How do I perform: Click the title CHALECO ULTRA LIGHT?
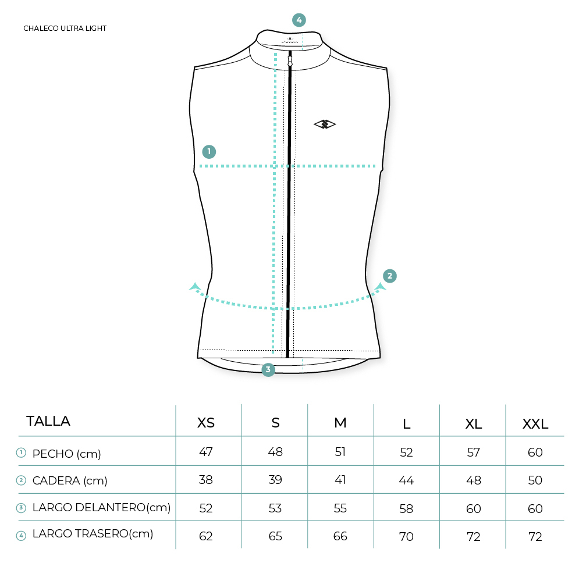tap(65, 28)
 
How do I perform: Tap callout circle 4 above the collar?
tap(299, 20)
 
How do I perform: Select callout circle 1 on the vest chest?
tap(209, 151)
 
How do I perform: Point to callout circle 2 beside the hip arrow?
tap(389, 276)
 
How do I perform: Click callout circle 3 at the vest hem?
tap(268, 369)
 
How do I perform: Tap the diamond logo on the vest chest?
tap(325, 124)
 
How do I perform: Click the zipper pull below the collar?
tap(290, 59)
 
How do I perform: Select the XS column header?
tap(205, 423)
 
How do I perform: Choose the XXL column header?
tap(535, 424)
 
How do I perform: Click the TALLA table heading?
tap(48, 421)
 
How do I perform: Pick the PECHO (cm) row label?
tap(66, 454)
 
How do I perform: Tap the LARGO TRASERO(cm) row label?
tap(93, 534)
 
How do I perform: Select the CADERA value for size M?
tap(340, 480)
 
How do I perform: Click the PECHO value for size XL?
tap(474, 452)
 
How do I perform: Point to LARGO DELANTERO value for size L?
tap(406, 509)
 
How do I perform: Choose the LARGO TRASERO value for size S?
tap(275, 536)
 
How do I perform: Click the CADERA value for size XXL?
tap(535, 480)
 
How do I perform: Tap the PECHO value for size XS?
tap(205, 451)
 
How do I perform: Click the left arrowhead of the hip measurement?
tap(194, 286)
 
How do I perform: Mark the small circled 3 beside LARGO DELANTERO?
tap(21, 508)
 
